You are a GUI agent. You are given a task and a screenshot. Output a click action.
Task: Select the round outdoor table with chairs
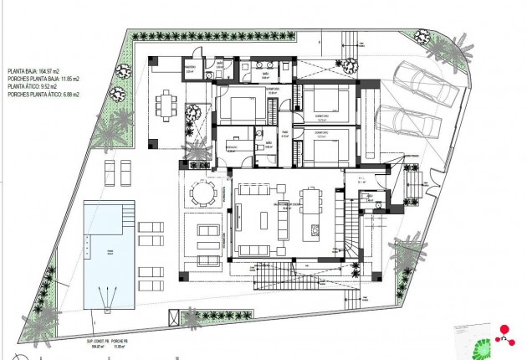(x=201, y=193)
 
